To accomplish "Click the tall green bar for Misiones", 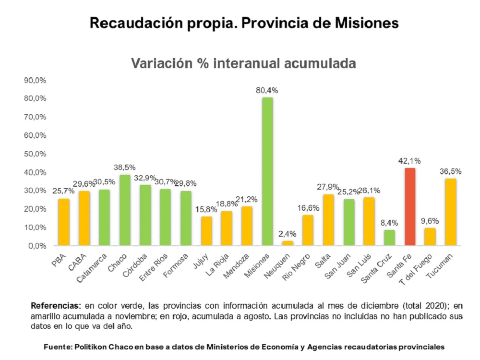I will pyautogui.click(x=268, y=171).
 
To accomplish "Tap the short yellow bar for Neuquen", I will pyautogui.click(x=288, y=243).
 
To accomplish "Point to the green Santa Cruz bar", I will pyautogui.click(x=389, y=238).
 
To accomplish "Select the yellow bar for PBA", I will pyautogui.click(x=64, y=222).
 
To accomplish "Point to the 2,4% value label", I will pyautogui.click(x=288, y=234).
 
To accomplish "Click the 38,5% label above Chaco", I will pyautogui.click(x=125, y=168).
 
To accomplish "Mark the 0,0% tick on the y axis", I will pyautogui.click(x=36, y=246).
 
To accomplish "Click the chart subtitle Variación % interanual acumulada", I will pyautogui.click(x=244, y=64).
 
